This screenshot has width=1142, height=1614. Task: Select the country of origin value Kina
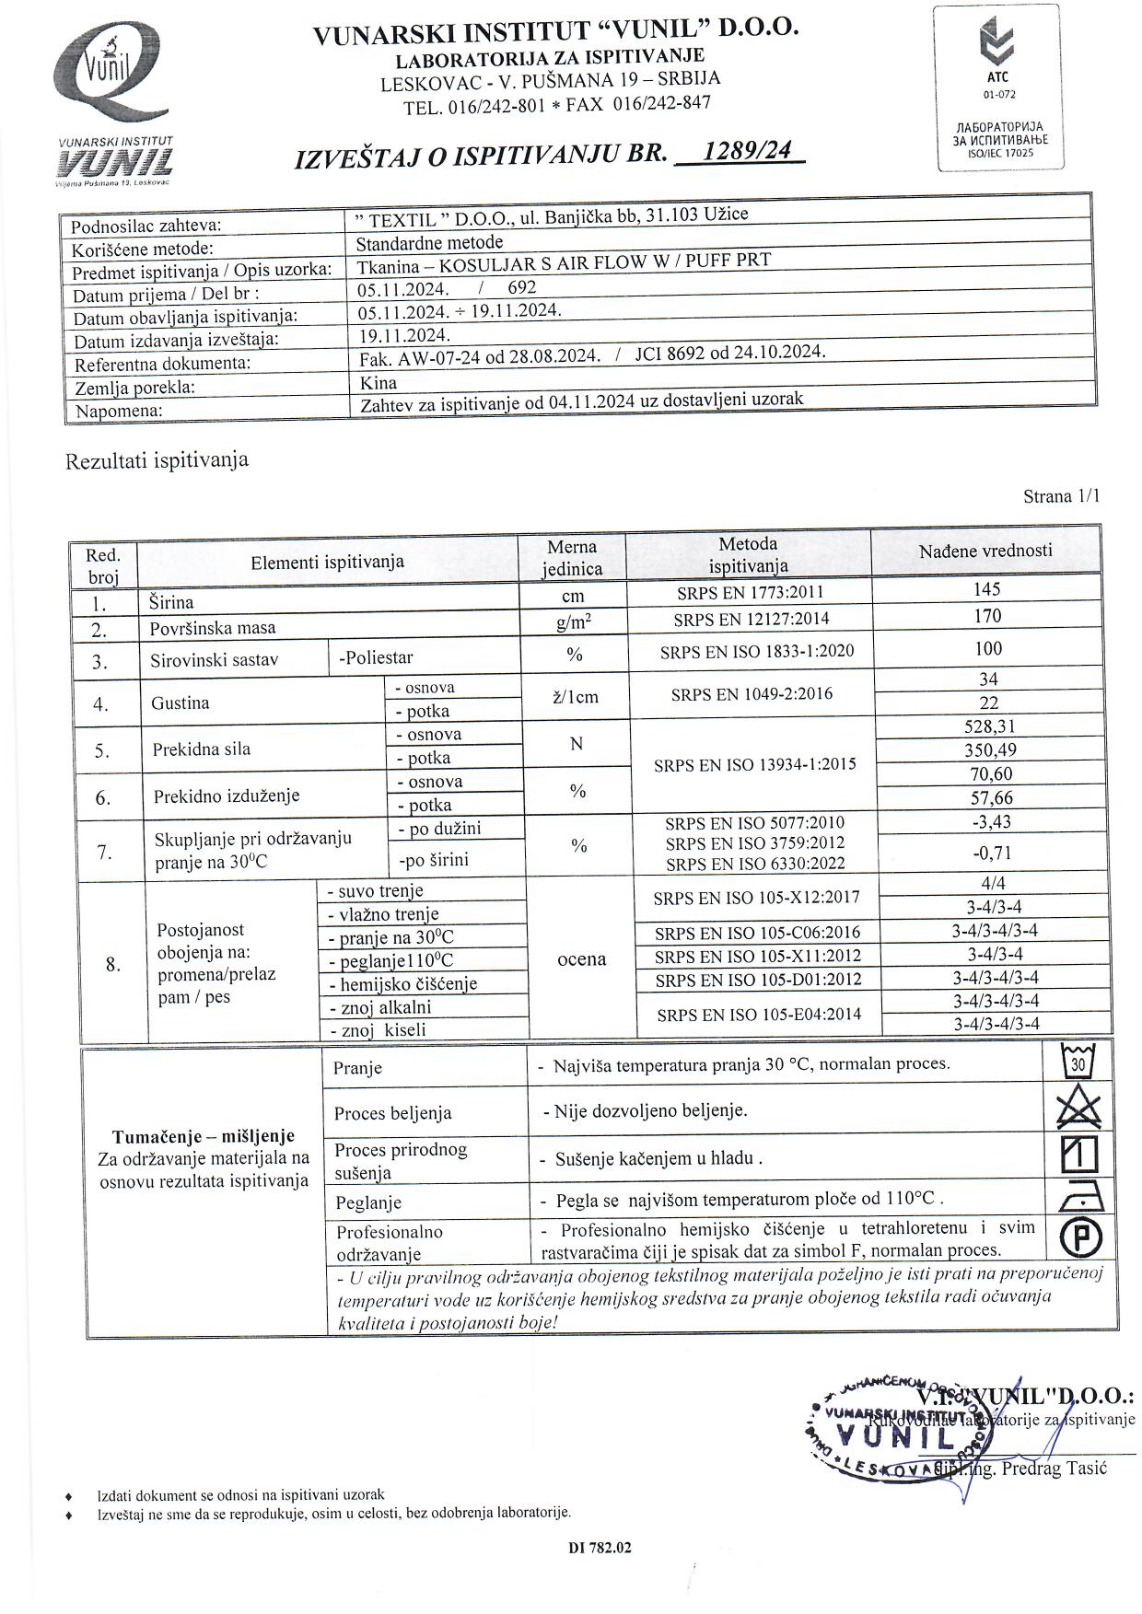379,382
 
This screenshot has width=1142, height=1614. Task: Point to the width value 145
986,589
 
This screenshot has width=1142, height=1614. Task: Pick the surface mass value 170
987,616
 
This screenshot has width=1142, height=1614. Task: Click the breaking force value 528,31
989,726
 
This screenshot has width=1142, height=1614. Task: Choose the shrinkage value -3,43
991,821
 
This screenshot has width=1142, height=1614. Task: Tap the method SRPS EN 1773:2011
750,593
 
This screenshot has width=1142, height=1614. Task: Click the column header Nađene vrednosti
985,551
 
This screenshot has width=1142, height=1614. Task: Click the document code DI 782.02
600,1548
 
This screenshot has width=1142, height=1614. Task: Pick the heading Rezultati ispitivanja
157,460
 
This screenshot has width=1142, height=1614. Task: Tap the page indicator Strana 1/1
1061,496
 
